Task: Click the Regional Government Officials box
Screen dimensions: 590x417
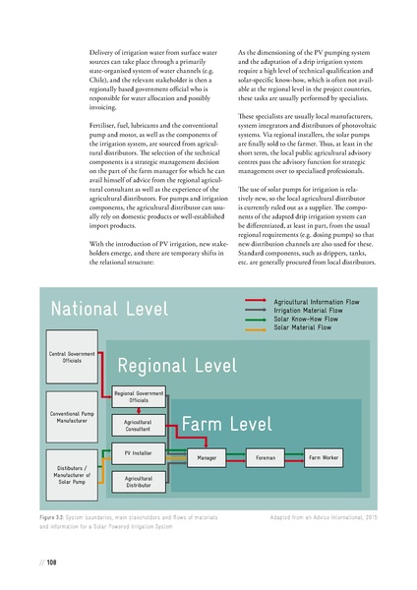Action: point(139,396)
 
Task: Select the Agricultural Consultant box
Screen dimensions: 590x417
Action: point(139,425)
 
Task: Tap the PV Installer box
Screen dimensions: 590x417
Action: point(139,456)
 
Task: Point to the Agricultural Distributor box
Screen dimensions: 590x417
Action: point(139,481)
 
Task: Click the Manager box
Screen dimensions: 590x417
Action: point(207,458)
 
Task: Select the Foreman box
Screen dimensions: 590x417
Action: point(266,458)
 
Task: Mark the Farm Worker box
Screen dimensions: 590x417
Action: point(324,458)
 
